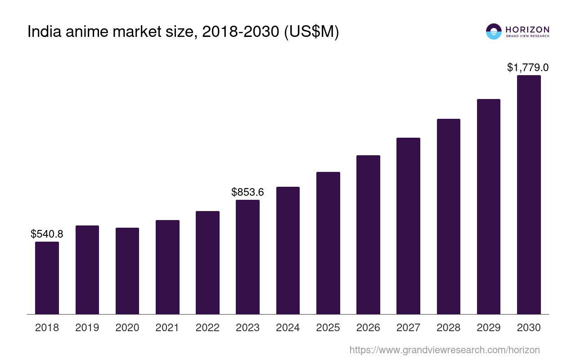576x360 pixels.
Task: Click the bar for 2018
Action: [47, 278]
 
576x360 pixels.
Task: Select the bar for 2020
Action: [127, 271]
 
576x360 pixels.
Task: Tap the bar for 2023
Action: [247, 257]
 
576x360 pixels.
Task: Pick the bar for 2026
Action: [368, 234]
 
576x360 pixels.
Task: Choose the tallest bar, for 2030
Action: [529, 194]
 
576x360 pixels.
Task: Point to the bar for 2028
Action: [448, 216]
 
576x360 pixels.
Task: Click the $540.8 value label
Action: [47, 234]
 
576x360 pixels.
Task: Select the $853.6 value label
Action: [247, 192]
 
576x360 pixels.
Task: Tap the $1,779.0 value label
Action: [528, 67]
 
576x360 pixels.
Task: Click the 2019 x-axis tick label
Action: [87, 328]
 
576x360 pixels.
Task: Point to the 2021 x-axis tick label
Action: [167, 328]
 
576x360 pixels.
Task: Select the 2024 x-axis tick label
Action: [288, 328]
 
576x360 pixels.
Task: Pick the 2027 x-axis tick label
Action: [408, 328]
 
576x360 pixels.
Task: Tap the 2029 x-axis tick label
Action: [489, 328]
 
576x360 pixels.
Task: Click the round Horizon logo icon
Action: [494, 31]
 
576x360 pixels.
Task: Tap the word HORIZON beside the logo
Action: [527, 29]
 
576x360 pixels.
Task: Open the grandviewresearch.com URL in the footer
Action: [445, 350]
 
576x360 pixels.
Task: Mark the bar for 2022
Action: [207, 262]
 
